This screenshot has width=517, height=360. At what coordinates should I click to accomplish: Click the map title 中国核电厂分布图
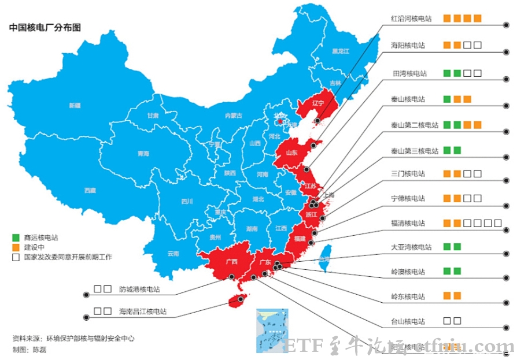[45, 27]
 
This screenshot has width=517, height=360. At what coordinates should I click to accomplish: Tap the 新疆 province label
[75, 106]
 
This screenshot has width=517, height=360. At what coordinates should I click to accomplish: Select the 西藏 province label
[90, 190]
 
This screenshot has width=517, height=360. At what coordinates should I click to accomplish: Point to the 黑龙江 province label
[340, 51]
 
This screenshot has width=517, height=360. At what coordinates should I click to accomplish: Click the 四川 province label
[187, 202]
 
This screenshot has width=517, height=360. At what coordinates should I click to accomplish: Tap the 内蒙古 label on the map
[234, 116]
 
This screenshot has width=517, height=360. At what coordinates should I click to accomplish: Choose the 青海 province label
[143, 154]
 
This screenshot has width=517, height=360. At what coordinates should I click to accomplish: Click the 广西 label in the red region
[232, 261]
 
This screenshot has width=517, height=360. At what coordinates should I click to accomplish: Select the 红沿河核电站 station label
[411, 19]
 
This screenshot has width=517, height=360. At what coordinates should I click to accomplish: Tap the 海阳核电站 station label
[408, 45]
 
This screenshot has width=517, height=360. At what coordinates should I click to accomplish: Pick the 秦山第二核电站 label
[415, 125]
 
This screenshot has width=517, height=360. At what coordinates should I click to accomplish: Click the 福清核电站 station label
[408, 223]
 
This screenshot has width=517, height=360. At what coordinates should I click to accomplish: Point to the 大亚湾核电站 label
[411, 247]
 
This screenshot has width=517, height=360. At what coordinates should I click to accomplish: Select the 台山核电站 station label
[408, 321]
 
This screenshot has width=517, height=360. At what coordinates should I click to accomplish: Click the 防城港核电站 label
[139, 290]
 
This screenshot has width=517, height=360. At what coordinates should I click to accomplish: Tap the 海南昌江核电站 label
[143, 311]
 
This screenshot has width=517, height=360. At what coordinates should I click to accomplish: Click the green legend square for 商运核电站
[16, 237]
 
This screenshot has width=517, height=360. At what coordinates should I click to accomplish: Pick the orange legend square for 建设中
[16, 247]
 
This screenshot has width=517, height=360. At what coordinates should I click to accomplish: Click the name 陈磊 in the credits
[39, 350]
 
